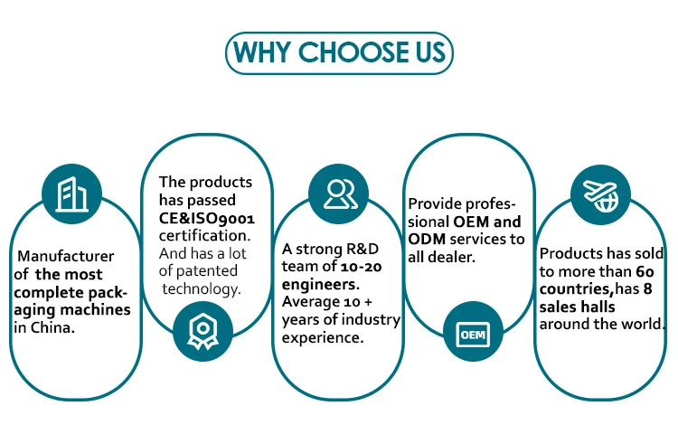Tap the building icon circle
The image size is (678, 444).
click(x=71, y=194)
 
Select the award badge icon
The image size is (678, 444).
click(x=202, y=332)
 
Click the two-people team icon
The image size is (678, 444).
click(x=339, y=194)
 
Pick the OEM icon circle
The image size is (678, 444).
click(x=473, y=332)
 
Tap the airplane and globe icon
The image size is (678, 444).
click(x=600, y=194)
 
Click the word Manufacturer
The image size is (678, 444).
click(x=66, y=256)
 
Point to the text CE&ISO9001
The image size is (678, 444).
click(x=207, y=218)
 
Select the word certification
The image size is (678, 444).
click(x=204, y=236)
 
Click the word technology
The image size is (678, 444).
click(x=202, y=288)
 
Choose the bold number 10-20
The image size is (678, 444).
click(x=361, y=267)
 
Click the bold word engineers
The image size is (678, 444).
click(x=320, y=285)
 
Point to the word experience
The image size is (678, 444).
click(x=323, y=338)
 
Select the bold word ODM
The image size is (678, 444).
click(x=427, y=239)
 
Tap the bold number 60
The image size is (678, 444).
click(x=645, y=271)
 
